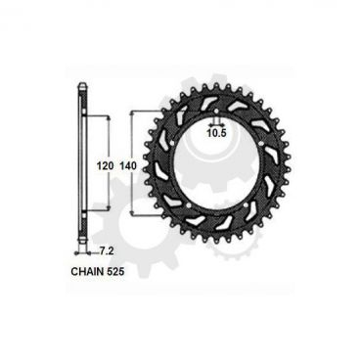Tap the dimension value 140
(127, 166)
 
